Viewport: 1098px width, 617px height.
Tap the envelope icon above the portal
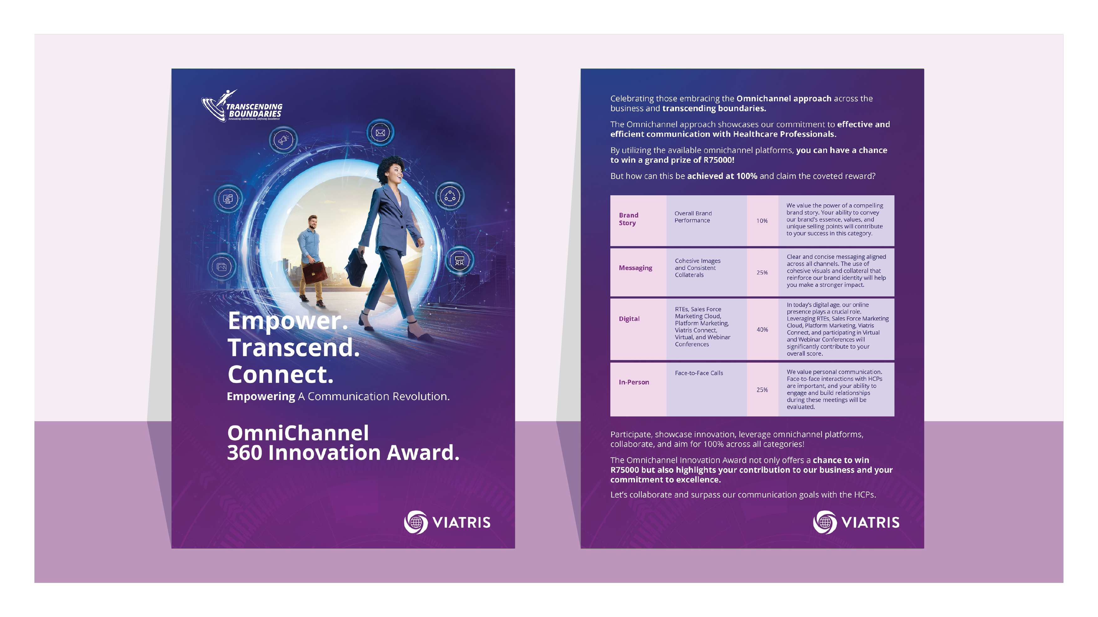[x=380, y=133]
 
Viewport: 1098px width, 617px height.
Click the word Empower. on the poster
[x=288, y=320]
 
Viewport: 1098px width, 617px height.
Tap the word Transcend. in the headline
[x=293, y=347]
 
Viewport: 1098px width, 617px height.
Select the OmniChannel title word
[x=298, y=433]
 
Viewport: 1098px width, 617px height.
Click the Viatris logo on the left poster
[x=447, y=522]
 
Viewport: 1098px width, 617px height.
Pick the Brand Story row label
[x=628, y=219]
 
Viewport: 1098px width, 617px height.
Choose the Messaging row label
[x=635, y=268]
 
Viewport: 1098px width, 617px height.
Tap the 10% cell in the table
[x=762, y=221]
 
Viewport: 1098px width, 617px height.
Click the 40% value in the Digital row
[x=762, y=329]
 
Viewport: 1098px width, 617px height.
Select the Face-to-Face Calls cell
[x=699, y=373]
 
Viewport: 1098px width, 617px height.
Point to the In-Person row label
[x=634, y=382]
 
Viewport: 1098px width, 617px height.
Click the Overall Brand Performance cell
[x=693, y=217]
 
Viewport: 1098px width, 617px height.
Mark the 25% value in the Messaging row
[x=762, y=272]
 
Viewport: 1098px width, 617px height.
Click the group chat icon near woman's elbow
[x=459, y=260]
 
